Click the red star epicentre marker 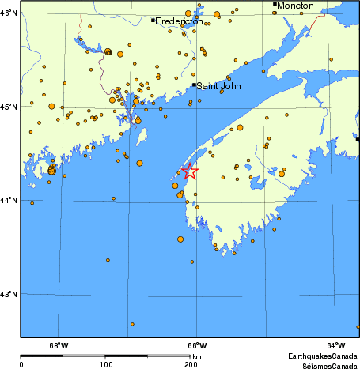point(190,171)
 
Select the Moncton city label point(296,6)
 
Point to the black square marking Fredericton point(153,20)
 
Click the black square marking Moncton point(275,4)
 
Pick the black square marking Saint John point(194,85)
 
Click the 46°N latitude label point(9,13)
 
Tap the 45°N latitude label point(9,107)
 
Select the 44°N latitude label point(9,200)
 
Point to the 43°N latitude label point(9,294)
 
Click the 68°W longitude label point(59,345)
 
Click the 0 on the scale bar point(21,364)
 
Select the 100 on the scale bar point(105,364)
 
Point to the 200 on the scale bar point(190,364)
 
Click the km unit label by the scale point(196,357)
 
